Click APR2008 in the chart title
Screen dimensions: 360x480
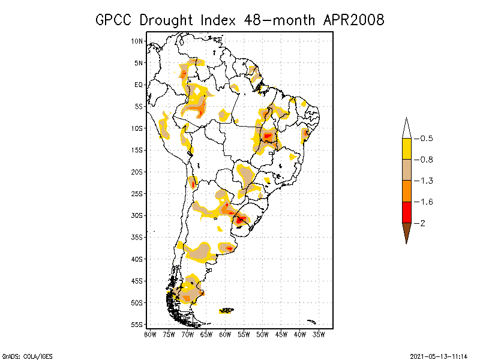pos(353,20)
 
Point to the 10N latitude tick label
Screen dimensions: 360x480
pos(137,41)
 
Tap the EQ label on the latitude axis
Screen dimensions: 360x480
pos(138,85)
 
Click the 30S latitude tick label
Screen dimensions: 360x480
pos(137,215)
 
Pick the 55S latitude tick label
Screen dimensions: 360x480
pos(137,325)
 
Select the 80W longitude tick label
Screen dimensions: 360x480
pos(150,334)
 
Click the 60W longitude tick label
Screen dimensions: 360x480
pos(225,334)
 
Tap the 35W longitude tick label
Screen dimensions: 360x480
pos(319,334)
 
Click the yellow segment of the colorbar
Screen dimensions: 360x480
pos(406,149)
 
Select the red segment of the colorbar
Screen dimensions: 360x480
pos(406,212)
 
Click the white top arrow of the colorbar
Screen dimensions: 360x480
pos(406,129)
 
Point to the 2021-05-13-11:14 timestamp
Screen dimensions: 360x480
pos(439,355)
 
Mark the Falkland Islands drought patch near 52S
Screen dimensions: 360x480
pos(226,310)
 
